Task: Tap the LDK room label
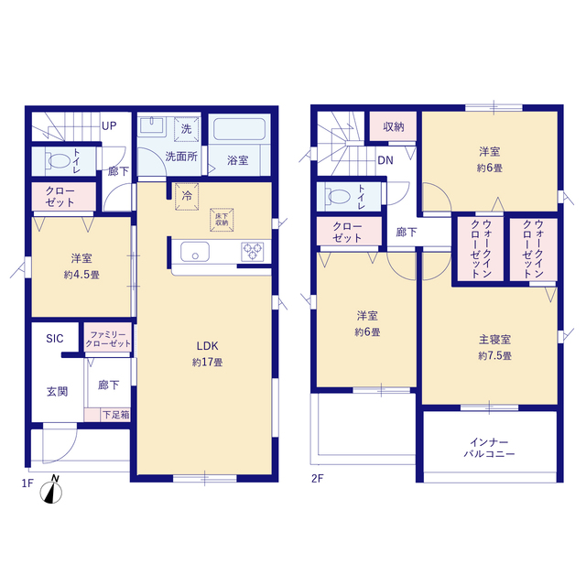click(208, 346)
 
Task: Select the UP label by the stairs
click(109, 126)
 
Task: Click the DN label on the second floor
click(385, 160)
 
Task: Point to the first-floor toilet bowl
click(59, 161)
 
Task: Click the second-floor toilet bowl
click(338, 196)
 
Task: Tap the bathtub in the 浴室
click(239, 129)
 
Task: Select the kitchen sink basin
click(195, 251)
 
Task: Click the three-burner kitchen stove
click(253, 251)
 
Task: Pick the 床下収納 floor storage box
click(222, 220)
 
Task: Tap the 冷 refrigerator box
click(187, 196)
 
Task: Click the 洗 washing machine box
click(186, 129)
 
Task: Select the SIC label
click(55, 339)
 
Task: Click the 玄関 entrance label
click(57, 392)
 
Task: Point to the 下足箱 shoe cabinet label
click(116, 415)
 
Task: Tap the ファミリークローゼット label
click(108, 339)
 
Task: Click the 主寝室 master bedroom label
click(494, 340)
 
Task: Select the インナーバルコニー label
click(489, 448)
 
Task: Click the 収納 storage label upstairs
click(394, 126)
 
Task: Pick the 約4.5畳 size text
click(81, 275)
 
